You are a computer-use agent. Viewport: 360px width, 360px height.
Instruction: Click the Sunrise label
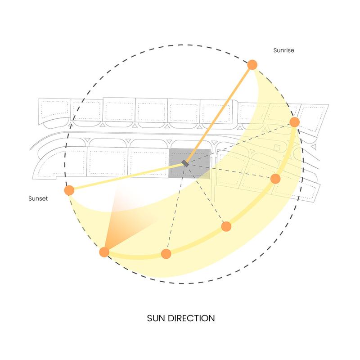coord(283,51)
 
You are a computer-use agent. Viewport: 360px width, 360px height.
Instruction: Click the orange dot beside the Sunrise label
coord(252,65)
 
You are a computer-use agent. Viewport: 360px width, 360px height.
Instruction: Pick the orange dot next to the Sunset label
coord(69,190)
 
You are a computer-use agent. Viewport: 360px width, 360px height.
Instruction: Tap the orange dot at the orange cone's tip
coord(104,252)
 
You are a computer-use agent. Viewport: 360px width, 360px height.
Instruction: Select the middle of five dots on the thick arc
coord(226,226)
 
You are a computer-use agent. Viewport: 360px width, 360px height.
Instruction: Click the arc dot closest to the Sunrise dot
coord(295,122)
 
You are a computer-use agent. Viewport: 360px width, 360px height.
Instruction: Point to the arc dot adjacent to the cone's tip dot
coord(166,254)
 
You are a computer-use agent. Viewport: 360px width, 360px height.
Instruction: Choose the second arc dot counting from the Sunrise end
coord(276,179)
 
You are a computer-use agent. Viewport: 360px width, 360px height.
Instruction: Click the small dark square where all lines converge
coord(184,162)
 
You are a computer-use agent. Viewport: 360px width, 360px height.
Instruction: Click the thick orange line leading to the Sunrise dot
coord(218,113)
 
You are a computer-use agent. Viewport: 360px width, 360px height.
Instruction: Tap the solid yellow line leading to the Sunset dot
coord(126,176)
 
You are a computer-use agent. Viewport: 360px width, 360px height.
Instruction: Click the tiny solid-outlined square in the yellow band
coord(278,148)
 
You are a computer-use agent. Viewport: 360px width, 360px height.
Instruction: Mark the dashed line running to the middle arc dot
coord(205,194)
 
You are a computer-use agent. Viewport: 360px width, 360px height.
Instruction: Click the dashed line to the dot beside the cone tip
coord(175,208)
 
